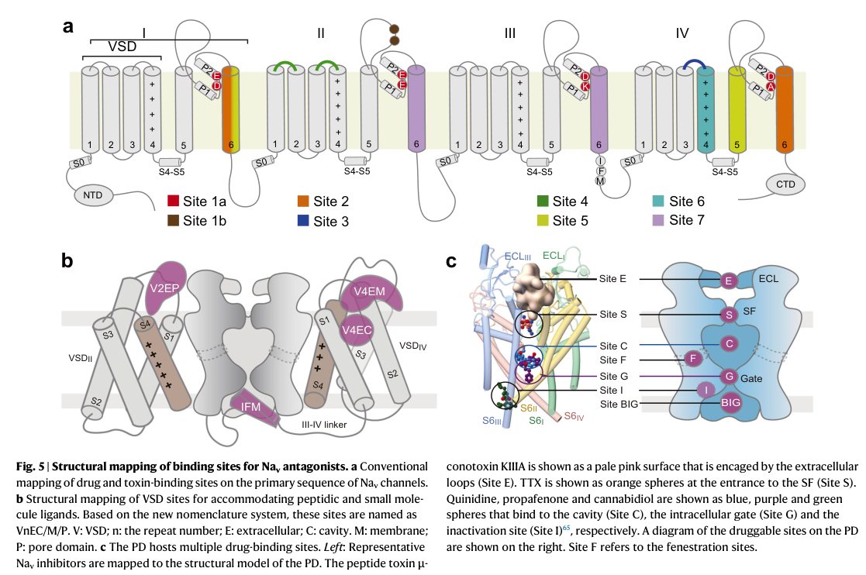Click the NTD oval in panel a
click(x=93, y=195)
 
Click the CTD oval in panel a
click(x=785, y=184)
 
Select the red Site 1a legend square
click(x=173, y=201)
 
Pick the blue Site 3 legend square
click(x=303, y=221)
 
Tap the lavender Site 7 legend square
click(x=658, y=220)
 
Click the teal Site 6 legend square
click(x=658, y=201)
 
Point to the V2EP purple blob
click(x=165, y=287)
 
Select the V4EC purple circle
click(x=357, y=330)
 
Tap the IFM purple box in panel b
click(x=254, y=408)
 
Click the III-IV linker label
click(x=324, y=425)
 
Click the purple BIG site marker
click(x=730, y=403)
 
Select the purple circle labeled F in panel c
click(x=693, y=360)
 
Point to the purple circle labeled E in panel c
click(x=729, y=281)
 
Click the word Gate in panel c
click(x=751, y=378)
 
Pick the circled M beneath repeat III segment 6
click(x=600, y=181)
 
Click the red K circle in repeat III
click(x=585, y=86)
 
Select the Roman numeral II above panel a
click(x=321, y=33)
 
